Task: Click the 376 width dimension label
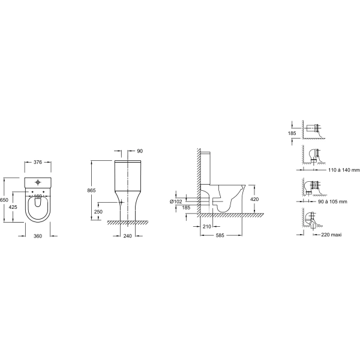pos(38,162)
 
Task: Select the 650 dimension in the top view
pos(4,200)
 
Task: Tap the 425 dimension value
pos(13,207)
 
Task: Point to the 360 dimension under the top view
pos(38,236)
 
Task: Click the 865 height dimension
pos(91,190)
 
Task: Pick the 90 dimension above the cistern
pos(140,151)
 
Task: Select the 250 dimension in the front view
pos(98,212)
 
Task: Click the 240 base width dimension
pos(128,236)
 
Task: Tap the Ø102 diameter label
pos(176,202)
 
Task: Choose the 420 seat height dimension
pos(254,199)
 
